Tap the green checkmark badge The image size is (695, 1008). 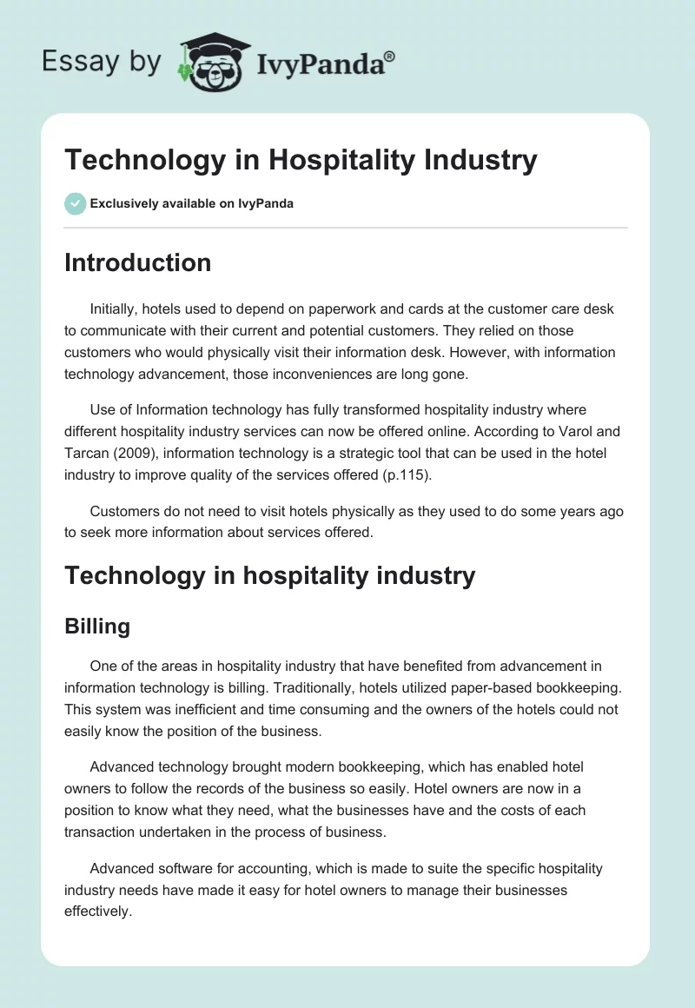75,203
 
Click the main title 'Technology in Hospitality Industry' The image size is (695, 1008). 301,161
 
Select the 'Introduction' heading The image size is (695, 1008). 137,262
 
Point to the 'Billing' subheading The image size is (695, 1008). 97,627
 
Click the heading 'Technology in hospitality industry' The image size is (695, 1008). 269,575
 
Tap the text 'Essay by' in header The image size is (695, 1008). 102,63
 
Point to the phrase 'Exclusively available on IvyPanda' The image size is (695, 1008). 191,204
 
